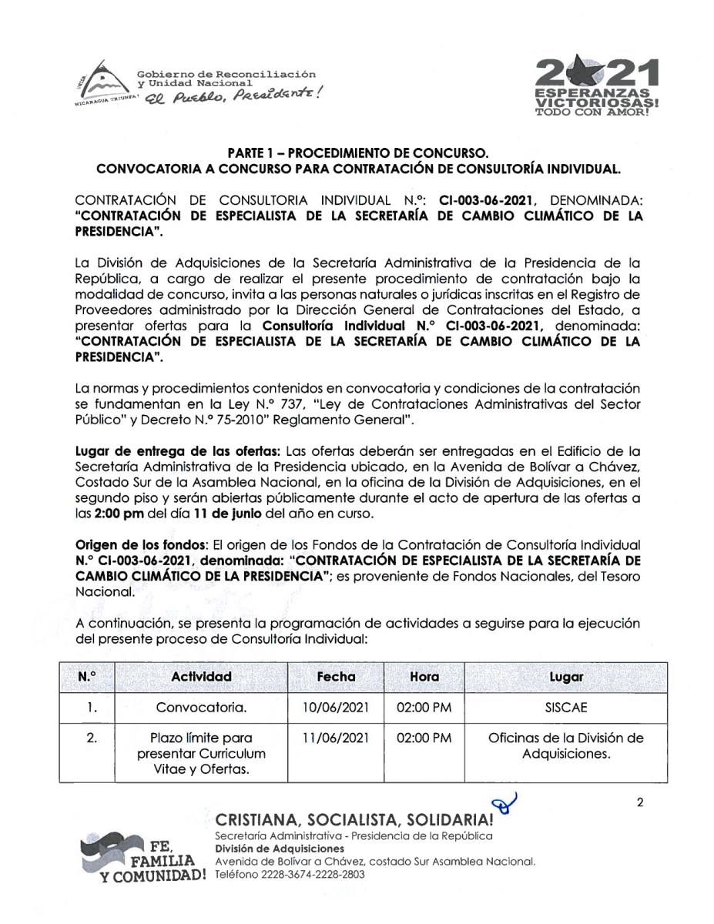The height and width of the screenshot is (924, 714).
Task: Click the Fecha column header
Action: click(x=336, y=677)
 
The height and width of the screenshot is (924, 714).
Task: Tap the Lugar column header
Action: click(x=566, y=677)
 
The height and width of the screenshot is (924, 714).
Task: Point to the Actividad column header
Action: click(x=201, y=677)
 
